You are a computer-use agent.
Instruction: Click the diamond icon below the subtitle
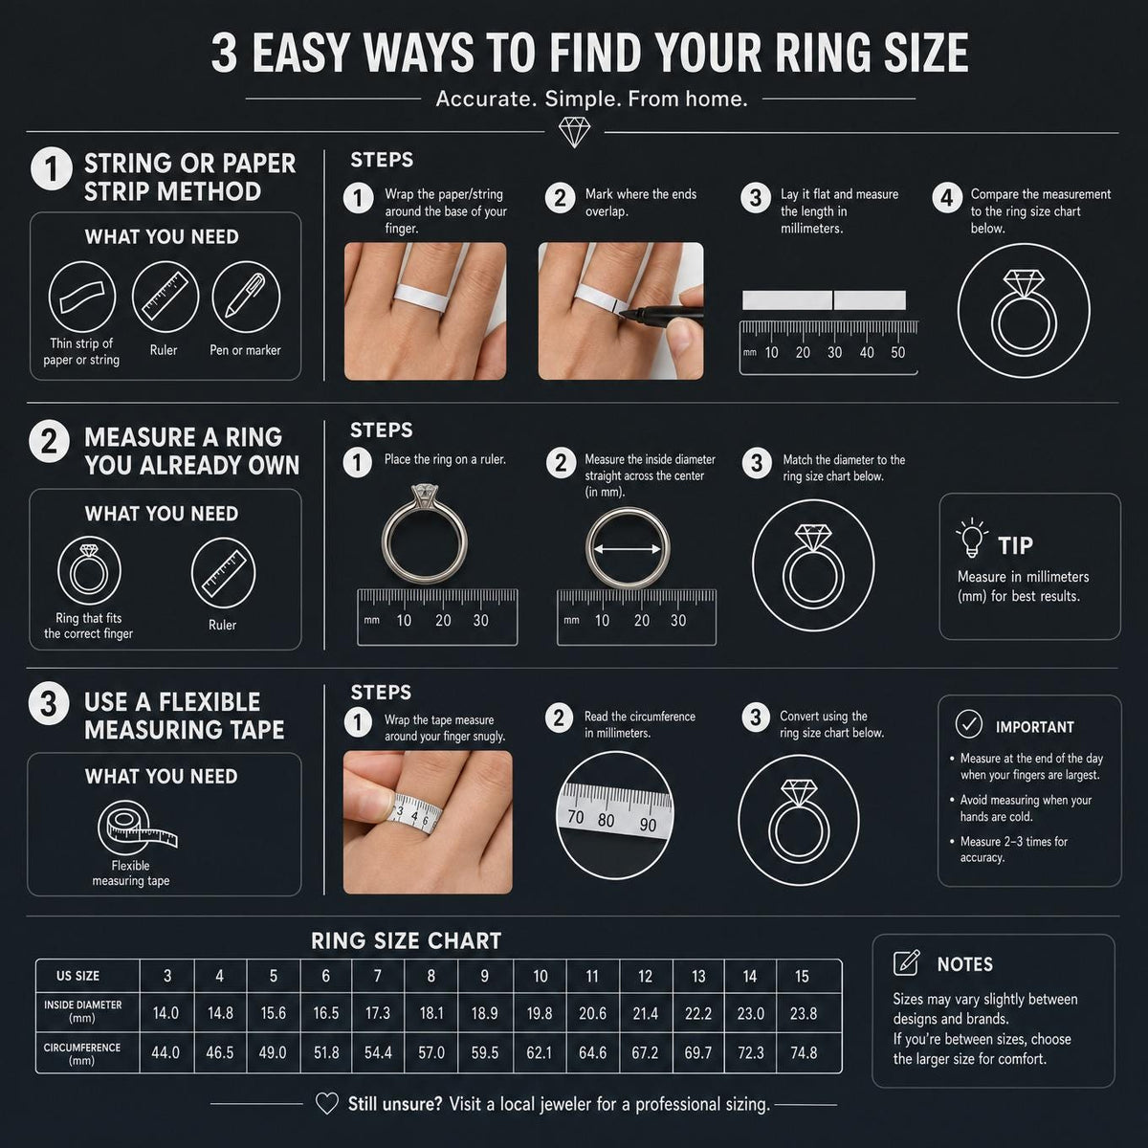click(x=574, y=132)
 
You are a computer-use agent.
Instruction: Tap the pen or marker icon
click(x=246, y=297)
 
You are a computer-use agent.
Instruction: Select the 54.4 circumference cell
click(x=378, y=1052)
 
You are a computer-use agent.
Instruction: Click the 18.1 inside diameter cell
click(x=430, y=1013)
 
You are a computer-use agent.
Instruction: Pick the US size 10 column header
click(x=540, y=976)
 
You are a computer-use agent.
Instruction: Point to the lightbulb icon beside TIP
click(x=972, y=538)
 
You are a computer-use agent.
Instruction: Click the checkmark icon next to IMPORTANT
click(x=969, y=724)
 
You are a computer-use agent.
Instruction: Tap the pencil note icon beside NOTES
click(x=907, y=962)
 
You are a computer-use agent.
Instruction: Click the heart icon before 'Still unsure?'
click(x=327, y=1103)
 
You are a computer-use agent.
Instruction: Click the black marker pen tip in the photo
click(x=623, y=314)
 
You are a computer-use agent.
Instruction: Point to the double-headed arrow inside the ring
click(x=628, y=549)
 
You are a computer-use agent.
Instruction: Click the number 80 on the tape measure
click(x=606, y=820)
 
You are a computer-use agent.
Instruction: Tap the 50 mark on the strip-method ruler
click(x=897, y=353)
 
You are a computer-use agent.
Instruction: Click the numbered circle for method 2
click(x=50, y=442)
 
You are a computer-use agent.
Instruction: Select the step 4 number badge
click(x=947, y=198)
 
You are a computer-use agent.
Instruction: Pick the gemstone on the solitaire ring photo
click(x=424, y=493)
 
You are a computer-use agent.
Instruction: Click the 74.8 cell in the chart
click(x=803, y=1052)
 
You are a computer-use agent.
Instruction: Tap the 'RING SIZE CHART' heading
click(x=407, y=940)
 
